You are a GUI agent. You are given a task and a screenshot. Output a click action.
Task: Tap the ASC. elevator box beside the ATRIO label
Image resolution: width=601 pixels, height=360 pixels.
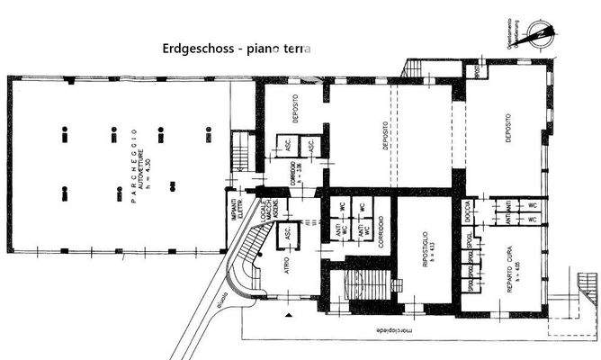pos(287,233)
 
